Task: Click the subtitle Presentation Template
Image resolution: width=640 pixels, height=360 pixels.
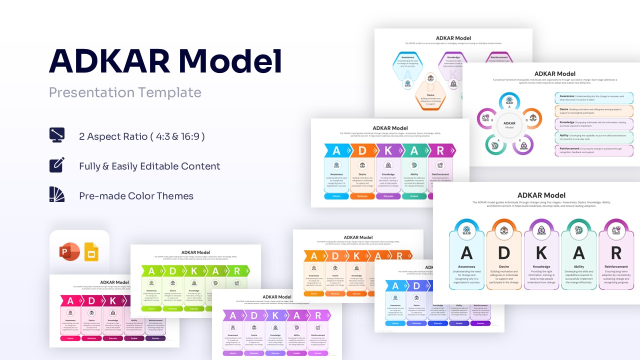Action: [x=125, y=92]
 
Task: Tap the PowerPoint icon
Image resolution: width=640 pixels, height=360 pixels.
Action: [x=69, y=252]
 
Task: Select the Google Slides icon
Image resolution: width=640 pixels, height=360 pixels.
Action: [x=91, y=252]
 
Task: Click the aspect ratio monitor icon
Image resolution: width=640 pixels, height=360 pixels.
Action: [x=56, y=136]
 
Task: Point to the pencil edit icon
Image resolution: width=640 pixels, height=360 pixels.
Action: [x=56, y=165]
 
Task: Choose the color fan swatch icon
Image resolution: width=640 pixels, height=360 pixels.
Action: [x=56, y=195]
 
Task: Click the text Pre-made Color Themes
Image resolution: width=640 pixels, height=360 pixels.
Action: [x=136, y=196]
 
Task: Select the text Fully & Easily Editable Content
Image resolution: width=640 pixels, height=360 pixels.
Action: [x=149, y=166]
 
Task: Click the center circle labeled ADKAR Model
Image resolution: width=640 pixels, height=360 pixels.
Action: [x=509, y=125]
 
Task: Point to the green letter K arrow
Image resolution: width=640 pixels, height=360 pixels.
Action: [x=194, y=271]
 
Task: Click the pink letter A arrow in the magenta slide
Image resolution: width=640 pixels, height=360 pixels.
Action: [x=70, y=301]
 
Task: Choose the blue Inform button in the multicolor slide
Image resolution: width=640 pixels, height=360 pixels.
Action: [x=335, y=196]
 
